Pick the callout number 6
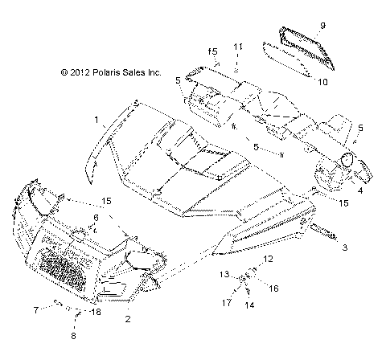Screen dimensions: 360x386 click(96, 218)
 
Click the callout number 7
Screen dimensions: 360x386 click(57, 309)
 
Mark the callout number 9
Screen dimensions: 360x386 click(322, 26)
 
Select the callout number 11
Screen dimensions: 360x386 click(238, 47)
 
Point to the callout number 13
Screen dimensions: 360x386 click(226, 274)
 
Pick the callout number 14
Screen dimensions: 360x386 click(250, 305)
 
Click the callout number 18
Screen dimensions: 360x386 click(97, 311)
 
